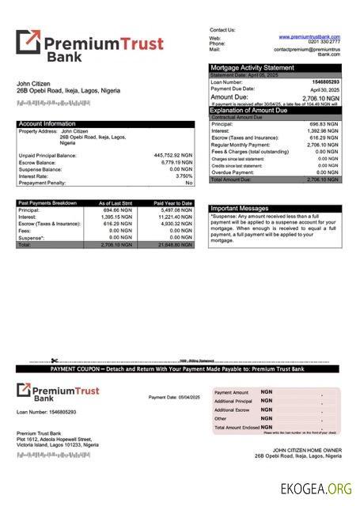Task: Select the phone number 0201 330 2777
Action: pyautogui.click(x=324, y=43)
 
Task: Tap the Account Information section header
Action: pyautogui.click(x=47, y=123)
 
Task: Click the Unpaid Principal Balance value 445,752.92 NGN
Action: pyautogui.click(x=173, y=155)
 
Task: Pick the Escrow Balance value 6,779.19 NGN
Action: pyautogui.click(x=176, y=162)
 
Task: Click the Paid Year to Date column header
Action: pyautogui.click(x=172, y=203)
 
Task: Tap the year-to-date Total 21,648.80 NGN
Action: pyautogui.click(x=175, y=245)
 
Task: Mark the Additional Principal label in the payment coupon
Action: pyautogui.click(x=234, y=401)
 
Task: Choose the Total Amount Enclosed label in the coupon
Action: pyautogui.click(x=236, y=427)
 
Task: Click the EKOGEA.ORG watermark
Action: pyautogui.click(x=316, y=489)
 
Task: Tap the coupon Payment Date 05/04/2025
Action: pyautogui.click(x=174, y=396)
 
